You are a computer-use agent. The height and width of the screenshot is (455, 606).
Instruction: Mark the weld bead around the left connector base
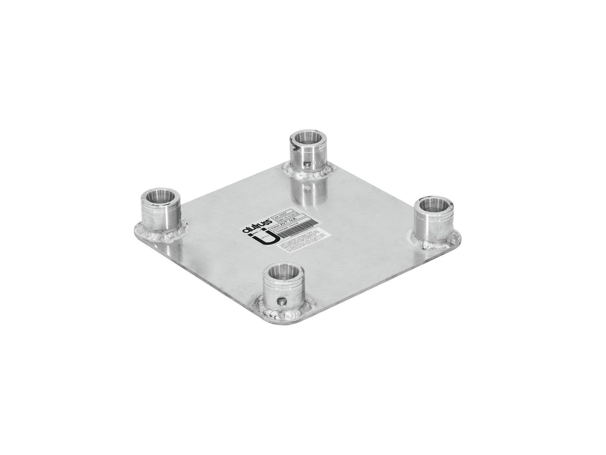coord(160,236)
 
